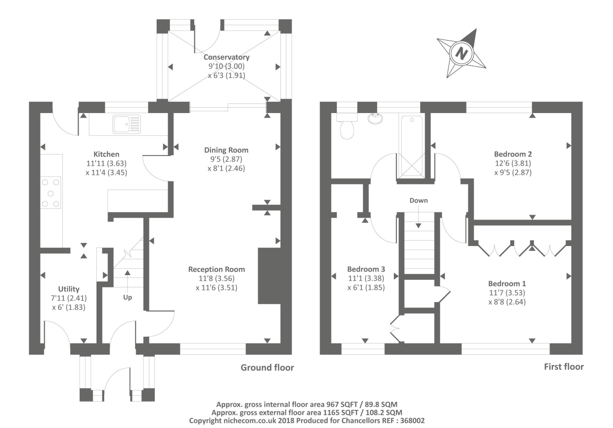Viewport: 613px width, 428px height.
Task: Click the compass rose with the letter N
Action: coord(462,53)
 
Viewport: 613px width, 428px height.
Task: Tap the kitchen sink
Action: coord(126,124)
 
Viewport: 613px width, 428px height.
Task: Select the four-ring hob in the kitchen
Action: coord(51,193)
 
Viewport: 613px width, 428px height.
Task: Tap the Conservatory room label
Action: coord(226,57)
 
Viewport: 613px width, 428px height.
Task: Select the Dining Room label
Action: coord(226,150)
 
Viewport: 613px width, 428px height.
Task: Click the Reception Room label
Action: coord(216,269)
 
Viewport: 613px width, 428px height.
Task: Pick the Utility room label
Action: coord(69,289)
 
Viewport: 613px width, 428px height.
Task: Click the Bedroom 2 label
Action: coord(513,154)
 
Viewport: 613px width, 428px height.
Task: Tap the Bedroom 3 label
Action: coord(366,269)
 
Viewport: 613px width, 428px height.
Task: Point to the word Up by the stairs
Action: coord(128,297)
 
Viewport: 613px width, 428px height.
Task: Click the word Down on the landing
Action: coord(418,200)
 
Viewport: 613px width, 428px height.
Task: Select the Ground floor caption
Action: coord(267,367)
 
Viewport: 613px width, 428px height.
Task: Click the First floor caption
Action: coord(564,367)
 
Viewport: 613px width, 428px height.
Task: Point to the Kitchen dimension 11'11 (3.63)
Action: coord(106,163)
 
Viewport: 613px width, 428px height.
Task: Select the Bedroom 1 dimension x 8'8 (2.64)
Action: coord(507,302)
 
